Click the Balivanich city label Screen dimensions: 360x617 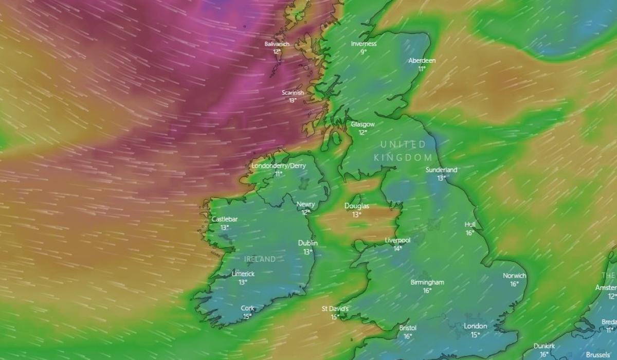277,44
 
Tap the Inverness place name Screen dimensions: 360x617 364,44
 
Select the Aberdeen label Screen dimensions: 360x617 422,61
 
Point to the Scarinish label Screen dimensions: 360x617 293,93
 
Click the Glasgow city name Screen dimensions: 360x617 362,124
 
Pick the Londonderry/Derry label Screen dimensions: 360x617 278,166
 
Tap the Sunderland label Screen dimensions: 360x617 441,170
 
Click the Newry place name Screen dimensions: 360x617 306,205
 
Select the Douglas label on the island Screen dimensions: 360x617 356,207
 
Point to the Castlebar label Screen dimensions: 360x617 225,220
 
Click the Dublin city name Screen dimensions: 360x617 307,243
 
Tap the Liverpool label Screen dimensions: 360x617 397,241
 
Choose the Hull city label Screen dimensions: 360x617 470,225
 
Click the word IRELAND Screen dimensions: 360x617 260,259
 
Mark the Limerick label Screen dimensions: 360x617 243,274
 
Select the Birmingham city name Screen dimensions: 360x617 427,282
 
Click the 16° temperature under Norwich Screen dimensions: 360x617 514,284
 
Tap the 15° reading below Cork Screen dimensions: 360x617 247,316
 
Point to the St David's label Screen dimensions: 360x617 335,309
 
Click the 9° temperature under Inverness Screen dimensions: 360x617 364,52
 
